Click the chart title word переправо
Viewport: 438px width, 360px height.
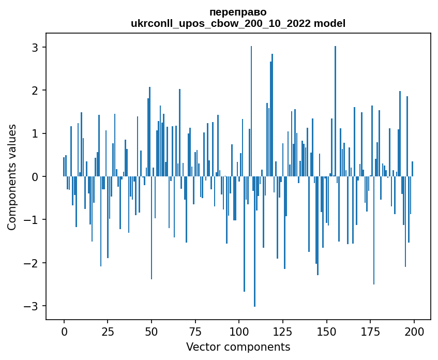click(238, 12)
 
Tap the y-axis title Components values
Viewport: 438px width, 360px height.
click(12, 177)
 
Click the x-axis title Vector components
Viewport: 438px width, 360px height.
click(238, 347)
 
